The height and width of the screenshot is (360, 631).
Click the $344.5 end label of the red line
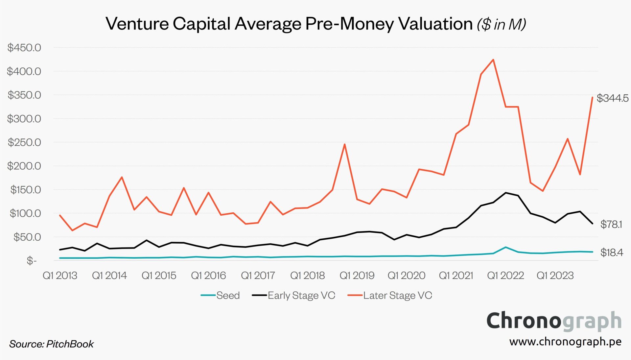pos(612,98)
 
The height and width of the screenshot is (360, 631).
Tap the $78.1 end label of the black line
pos(611,224)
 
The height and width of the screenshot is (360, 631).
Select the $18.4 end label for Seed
pos(611,252)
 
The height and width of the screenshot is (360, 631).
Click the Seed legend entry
pos(227,295)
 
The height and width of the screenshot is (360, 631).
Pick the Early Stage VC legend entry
pos(301,295)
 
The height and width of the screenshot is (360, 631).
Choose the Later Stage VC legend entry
pos(397,295)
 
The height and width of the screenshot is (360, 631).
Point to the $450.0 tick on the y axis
pos(24,48)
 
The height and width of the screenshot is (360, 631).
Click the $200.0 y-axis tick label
pos(24,166)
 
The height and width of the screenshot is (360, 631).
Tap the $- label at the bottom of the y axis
pos(32,261)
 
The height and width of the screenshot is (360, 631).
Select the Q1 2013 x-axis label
pos(60,275)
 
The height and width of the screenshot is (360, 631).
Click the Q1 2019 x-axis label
pos(357,275)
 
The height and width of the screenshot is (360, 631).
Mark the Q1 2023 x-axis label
pos(555,275)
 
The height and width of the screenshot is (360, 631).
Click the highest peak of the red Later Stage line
pos(493,60)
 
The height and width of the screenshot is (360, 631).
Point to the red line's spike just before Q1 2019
pos(344,144)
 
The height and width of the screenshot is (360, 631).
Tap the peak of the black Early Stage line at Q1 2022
pos(505,193)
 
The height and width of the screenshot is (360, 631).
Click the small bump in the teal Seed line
pos(505,247)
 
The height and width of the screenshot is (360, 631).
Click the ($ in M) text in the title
pos(502,24)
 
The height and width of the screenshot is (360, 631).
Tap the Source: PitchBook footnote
pos(52,344)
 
